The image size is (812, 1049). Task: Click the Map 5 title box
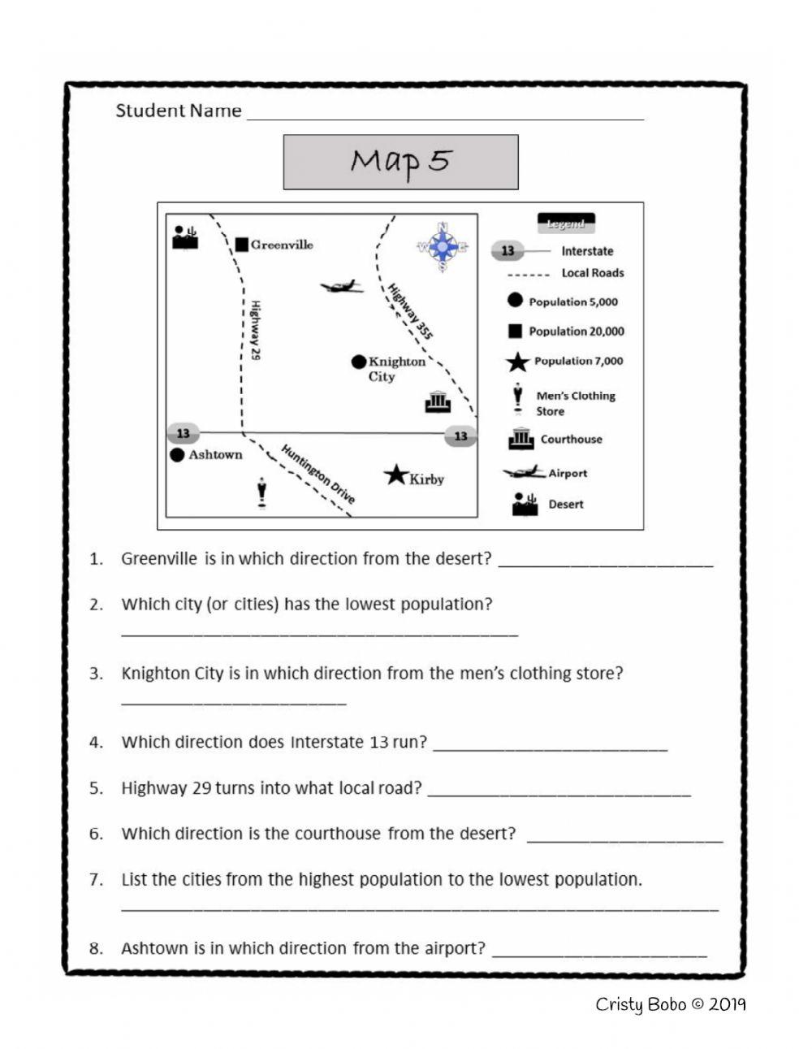pos(400,162)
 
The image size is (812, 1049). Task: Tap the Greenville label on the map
pos(282,245)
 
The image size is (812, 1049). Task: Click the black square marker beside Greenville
pos(241,245)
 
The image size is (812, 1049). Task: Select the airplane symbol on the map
pos(341,286)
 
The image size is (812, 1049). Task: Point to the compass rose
pos(443,246)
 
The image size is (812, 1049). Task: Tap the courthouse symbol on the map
pos(438,401)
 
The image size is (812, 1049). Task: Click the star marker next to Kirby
pos(395,475)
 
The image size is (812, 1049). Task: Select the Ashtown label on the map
pos(215,455)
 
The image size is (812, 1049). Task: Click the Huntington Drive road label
pos(318,475)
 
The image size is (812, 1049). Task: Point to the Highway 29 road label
pos(254,331)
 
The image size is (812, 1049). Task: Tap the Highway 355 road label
pos(411,311)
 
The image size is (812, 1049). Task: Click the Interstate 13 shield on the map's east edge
pos(460,436)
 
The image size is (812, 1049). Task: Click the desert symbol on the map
pos(185,236)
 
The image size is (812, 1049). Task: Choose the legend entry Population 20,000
pos(576,332)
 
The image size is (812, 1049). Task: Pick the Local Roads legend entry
pos(592,273)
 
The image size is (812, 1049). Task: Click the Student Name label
pos(179,111)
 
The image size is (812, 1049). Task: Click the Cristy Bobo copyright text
pos(670,1004)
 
